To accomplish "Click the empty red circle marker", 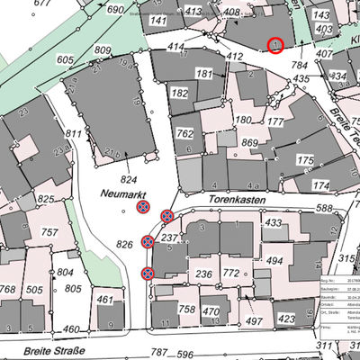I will [x=275, y=45].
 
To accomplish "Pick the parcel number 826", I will [x=124, y=245].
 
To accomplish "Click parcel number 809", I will [x=103, y=50].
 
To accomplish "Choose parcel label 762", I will [x=185, y=134].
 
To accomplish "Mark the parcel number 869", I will [x=250, y=143].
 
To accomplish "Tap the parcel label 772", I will [x=232, y=273].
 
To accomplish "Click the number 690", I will [x=114, y=9].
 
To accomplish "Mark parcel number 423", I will [x=287, y=319].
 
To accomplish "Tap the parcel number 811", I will [x=73, y=134].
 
